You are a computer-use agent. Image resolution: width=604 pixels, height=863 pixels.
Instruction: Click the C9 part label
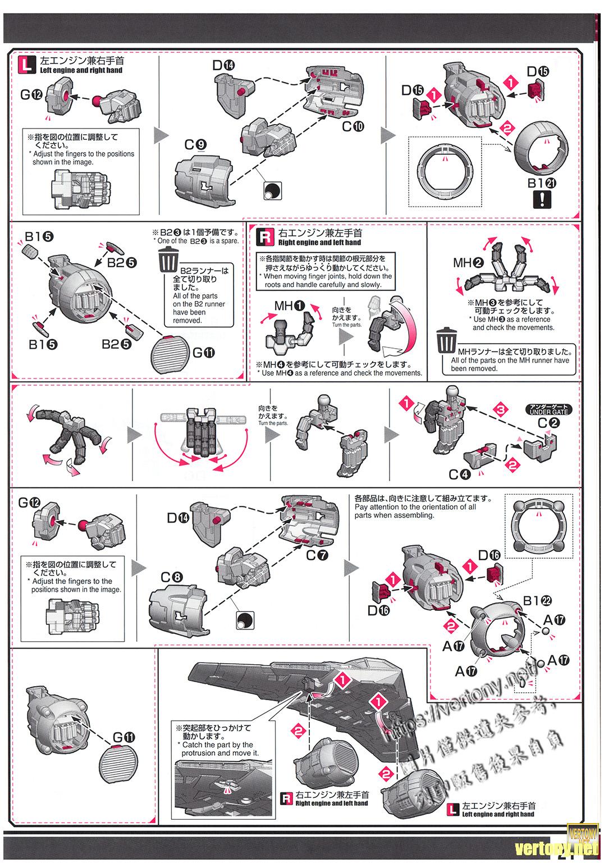point(195,145)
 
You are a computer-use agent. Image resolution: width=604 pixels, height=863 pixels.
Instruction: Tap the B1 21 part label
point(542,182)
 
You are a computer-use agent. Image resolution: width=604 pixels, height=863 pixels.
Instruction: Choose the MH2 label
point(469,262)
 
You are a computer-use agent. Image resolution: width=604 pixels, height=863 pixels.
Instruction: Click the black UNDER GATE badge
point(548,409)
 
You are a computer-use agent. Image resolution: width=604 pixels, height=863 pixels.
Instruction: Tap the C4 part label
point(459,474)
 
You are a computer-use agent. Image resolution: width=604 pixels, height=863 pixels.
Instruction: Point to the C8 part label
point(171,577)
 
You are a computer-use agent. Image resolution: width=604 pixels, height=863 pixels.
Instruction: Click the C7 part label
point(317,555)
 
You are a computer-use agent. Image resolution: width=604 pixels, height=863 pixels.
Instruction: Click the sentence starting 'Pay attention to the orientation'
point(415,506)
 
